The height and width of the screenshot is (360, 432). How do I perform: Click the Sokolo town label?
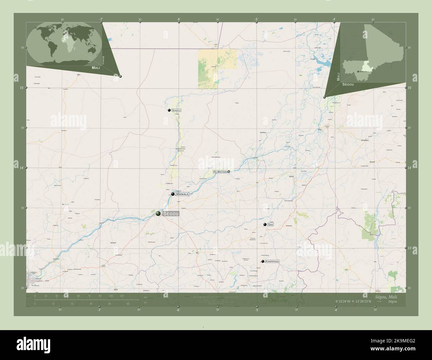[176, 110]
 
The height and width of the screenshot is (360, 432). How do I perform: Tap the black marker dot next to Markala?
[173, 194]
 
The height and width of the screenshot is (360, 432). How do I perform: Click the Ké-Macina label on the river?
[220, 172]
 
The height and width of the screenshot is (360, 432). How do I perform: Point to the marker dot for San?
[265, 225]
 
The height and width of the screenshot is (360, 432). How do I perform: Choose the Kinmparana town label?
[272, 262]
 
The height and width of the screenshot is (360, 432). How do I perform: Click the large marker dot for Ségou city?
[159, 214]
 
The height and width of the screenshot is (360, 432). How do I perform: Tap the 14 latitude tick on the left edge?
[22, 168]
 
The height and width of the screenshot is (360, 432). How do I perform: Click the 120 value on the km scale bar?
[122, 296]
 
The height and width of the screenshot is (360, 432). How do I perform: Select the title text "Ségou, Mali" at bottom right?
[385, 296]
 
